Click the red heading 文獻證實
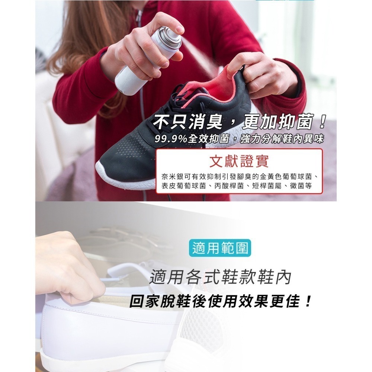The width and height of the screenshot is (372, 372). click(239, 161)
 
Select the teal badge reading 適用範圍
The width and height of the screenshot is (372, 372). click(220, 248)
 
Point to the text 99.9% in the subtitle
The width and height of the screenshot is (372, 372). click(171, 139)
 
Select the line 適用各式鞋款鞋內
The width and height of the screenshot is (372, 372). click(220, 277)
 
